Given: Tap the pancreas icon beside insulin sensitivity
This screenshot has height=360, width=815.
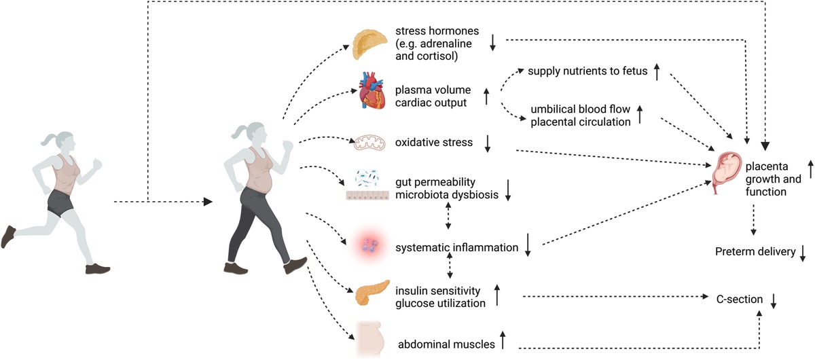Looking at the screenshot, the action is click(x=372, y=293).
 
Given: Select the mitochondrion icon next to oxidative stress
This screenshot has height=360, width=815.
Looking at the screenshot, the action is click(x=369, y=143).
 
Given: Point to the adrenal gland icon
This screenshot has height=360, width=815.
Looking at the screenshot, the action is click(x=369, y=44).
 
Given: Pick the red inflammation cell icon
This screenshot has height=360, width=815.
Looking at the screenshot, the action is click(x=369, y=247).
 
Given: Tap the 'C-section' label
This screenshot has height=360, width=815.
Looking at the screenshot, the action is click(x=740, y=300).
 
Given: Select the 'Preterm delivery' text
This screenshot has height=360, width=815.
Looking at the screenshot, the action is click(x=755, y=251).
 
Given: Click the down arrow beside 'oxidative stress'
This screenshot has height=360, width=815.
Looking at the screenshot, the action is click(x=488, y=143).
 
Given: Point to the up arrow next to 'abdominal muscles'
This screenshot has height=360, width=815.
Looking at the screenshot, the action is click(x=503, y=340).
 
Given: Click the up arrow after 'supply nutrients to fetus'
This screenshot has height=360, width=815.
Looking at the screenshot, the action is click(x=657, y=72).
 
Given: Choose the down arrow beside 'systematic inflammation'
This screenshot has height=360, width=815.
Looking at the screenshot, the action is click(x=528, y=245).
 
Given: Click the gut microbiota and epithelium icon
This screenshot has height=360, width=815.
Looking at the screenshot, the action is click(x=367, y=184).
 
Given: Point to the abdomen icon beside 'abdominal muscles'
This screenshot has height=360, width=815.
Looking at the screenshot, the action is click(x=370, y=339).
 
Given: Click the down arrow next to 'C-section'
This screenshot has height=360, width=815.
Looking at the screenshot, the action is click(x=774, y=301).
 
